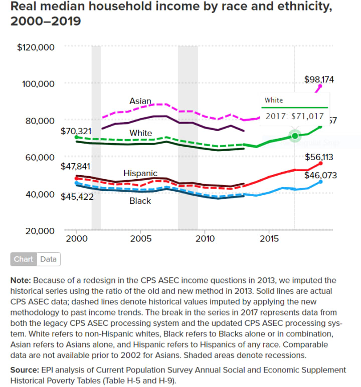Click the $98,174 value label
(319, 79)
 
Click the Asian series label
(140, 101)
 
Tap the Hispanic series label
(140, 173)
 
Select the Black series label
(140, 201)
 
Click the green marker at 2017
(295, 136)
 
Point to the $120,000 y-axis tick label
(36, 48)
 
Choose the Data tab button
(48, 259)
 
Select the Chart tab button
(24, 259)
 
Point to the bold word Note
(20, 280)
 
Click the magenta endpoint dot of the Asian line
(320, 86)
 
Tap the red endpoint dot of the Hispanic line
(320, 163)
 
